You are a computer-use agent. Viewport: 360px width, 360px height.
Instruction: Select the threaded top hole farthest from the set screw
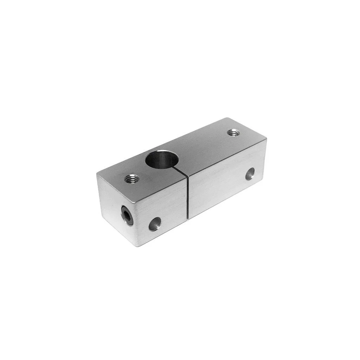coord(232,133)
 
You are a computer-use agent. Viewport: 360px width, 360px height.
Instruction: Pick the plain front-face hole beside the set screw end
coord(155,223)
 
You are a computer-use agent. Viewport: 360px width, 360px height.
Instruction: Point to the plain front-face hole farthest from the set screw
coord(250,173)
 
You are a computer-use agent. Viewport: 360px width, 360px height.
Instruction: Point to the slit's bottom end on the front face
coord(188,219)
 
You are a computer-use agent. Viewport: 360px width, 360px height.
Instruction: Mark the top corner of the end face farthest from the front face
coord(96,173)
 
